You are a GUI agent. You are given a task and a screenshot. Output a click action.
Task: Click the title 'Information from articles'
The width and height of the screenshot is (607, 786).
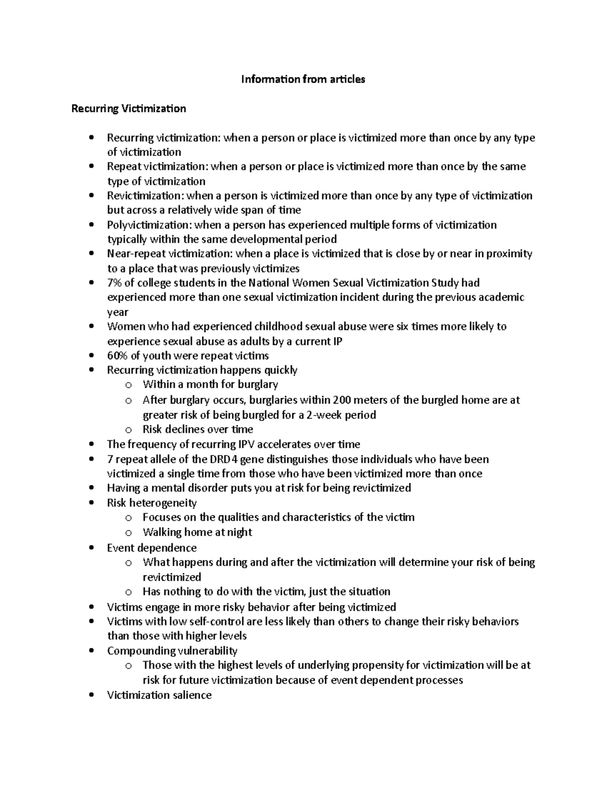(303, 79)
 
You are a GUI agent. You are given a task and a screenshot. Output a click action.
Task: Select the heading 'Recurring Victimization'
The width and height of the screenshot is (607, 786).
(128, 108)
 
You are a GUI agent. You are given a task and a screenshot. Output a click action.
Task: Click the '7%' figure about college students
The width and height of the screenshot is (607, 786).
(114, 282)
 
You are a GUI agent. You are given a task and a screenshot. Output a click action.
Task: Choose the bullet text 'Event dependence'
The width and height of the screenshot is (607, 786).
(152, 548)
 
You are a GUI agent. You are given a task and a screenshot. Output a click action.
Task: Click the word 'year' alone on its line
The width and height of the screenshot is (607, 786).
(117, 312)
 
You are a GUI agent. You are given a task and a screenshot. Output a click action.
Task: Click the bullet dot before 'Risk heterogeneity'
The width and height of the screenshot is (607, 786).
(91, 503)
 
